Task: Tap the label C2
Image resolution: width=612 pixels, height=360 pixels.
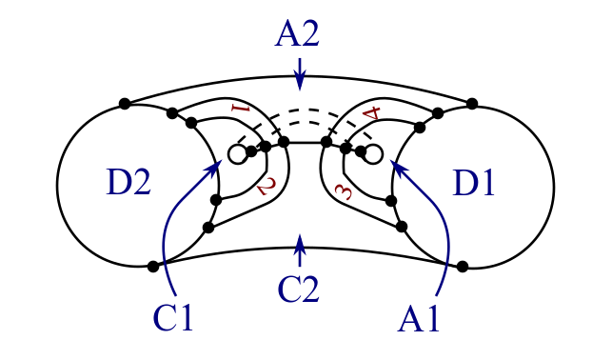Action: pos(298,287)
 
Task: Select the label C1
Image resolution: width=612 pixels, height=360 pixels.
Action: pos(173,317)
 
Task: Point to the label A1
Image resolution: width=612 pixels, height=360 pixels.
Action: pos(420,317)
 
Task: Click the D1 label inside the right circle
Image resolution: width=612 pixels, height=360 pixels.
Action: pos(473,183)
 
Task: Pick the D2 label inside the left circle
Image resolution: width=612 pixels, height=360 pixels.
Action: pos(128,183)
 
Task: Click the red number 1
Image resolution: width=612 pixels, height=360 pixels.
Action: pos(240,110)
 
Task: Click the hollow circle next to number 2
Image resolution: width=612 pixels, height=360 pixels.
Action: pos(237,154)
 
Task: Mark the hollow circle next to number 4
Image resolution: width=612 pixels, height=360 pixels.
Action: pos(373,153)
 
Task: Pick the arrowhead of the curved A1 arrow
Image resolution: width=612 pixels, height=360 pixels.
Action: pos(397,167)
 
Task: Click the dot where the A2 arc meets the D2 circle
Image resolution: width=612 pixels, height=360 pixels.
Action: pos(125,103)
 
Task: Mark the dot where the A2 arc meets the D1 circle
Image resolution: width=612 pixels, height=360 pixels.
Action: pos(473,103)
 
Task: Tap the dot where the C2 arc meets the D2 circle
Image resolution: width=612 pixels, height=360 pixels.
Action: pos(152,267)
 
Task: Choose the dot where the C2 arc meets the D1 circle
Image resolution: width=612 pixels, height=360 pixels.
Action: pos(462,266)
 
